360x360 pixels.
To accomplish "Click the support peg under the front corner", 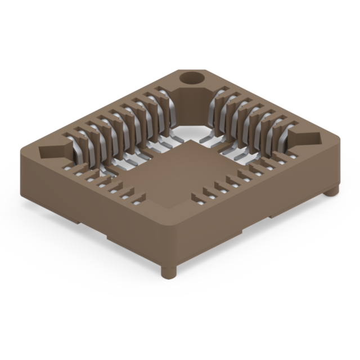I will pos(168,272).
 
